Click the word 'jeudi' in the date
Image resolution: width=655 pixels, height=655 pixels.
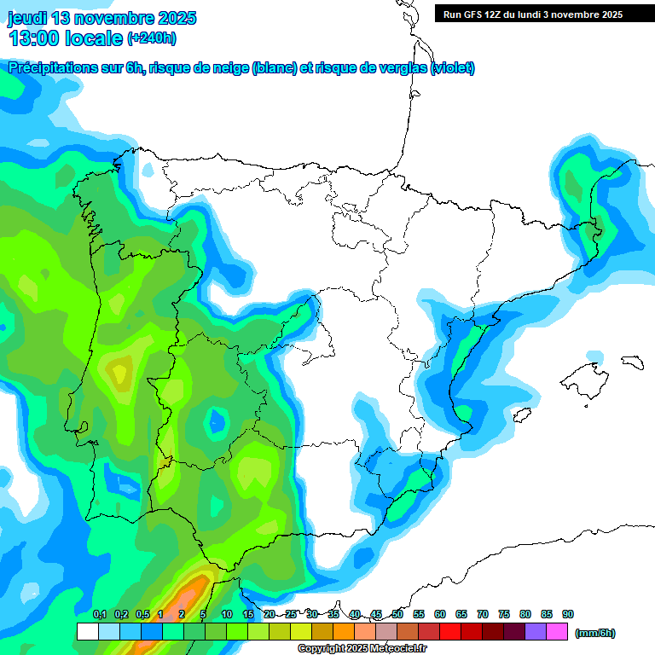tap(26, 18)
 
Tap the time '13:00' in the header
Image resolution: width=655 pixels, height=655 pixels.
tap(34, 38)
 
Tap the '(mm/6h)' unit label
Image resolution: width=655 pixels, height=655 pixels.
tap(594, 633)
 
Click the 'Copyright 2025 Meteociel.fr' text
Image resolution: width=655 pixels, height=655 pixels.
tap(362, 649)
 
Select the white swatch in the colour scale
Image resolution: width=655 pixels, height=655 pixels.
tap(87, 632)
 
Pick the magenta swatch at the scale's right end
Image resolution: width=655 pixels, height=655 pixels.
tap(557, 632)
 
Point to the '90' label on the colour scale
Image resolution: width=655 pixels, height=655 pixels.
tap(567, 614)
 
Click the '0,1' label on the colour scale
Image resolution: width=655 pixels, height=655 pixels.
tap(99, 614)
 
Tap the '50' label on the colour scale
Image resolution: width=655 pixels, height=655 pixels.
tap(397, 614)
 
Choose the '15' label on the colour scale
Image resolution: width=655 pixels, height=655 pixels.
tap(247, 614)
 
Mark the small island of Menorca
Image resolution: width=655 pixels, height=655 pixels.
tap(632, 361)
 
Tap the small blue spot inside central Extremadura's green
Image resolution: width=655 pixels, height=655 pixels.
tap(217, 420)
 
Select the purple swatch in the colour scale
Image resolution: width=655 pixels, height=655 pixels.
tap(536, 632)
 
